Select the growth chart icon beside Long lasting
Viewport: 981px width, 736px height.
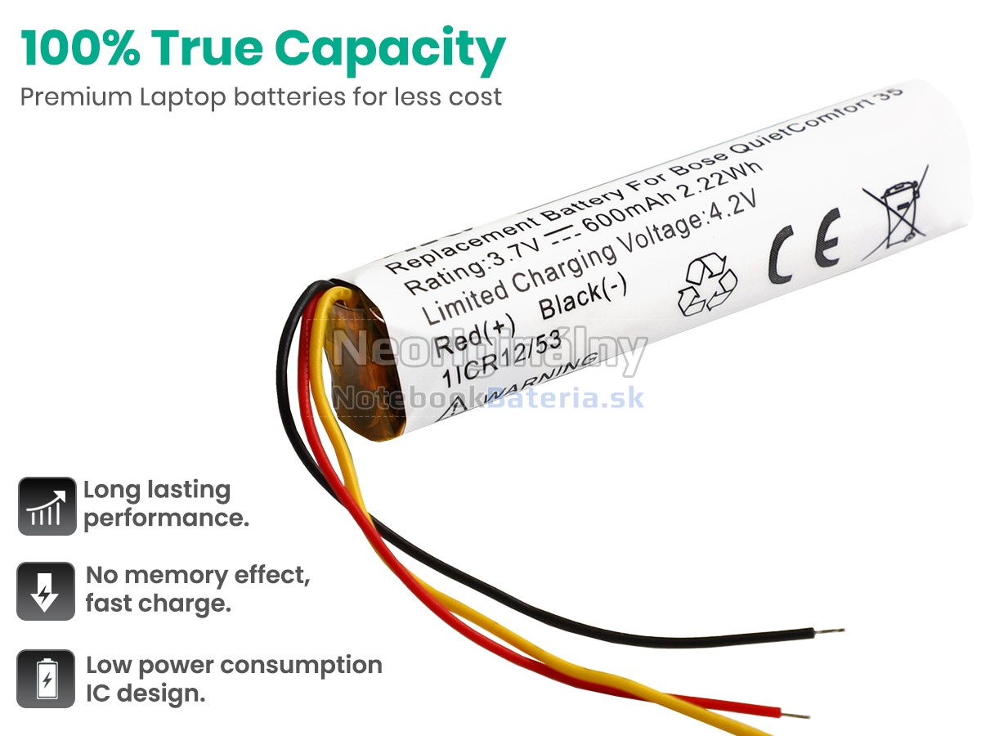(47, 506)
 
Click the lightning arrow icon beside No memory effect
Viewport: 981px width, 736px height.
(46, 591)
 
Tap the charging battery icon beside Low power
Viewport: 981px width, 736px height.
(46, 679)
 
